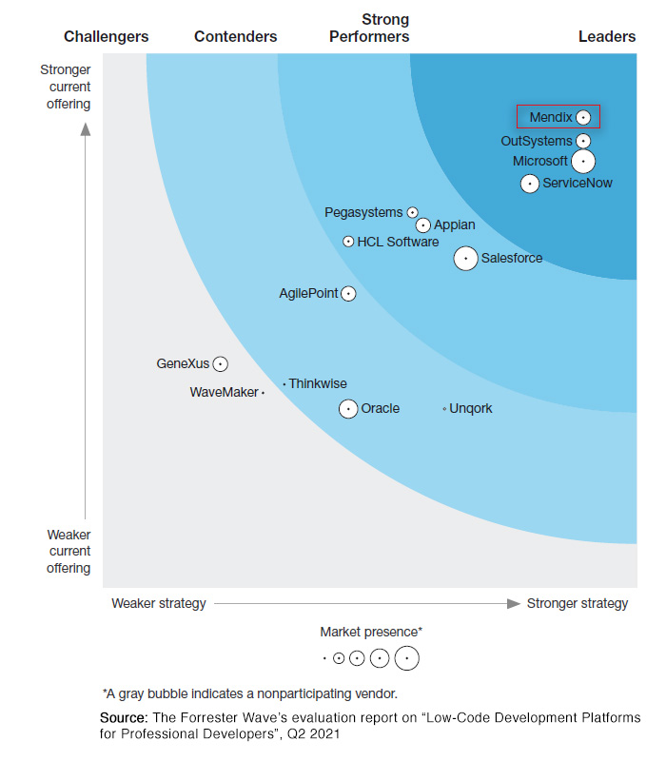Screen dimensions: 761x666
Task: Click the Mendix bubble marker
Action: click(583, 118)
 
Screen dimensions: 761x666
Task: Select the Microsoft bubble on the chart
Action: click(583, 162)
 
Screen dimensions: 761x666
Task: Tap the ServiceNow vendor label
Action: click(578, 183)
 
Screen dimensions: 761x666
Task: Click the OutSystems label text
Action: click(537, 142)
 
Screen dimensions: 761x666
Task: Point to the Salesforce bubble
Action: click(465, 258)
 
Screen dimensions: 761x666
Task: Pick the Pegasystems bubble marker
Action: click(412, 213)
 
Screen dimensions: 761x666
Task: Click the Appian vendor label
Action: click(454, 225)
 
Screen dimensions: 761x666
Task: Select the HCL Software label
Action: click(398, 242)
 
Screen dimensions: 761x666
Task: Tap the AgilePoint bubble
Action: click(348, 294)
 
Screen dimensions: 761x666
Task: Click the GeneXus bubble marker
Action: click(220, 363)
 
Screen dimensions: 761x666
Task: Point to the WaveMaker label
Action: click(224, 392)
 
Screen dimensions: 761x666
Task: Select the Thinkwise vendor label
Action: click(318, 383)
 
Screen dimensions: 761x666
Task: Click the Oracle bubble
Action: click(348, 409)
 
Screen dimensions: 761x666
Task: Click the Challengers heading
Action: click(106, 37)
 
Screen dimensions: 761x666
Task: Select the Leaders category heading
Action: click(607, 37)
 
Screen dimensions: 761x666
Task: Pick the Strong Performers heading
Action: click(369, 29)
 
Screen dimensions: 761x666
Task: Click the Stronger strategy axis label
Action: click(578, 603)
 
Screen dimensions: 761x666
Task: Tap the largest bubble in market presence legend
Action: click(407, 657)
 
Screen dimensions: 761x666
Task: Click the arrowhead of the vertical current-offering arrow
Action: click(86, 129)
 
